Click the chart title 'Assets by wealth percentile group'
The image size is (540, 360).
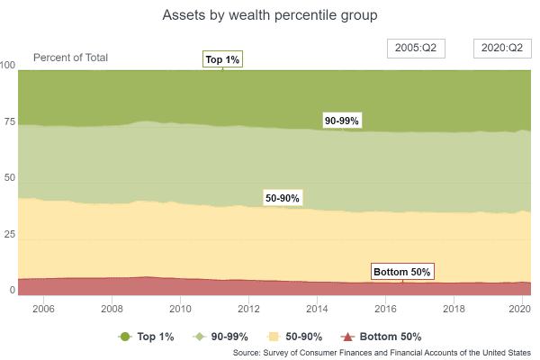[x=269, y=15]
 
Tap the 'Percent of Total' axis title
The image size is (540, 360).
[x=70, y=58]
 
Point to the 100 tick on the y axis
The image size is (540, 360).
[x=8, y=66]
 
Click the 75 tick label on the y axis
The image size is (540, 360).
[x=10, y=122]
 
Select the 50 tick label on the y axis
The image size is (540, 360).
[x=10, y=179]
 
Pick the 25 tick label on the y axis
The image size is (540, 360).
[x=10, y=235]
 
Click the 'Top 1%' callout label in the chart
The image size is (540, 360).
[x=222, y=59]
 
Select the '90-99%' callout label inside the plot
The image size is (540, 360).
[x=342, y=121]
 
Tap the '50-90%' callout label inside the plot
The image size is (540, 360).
[x=283, y=197]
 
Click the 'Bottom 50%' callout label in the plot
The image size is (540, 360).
[x=402, y=271]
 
